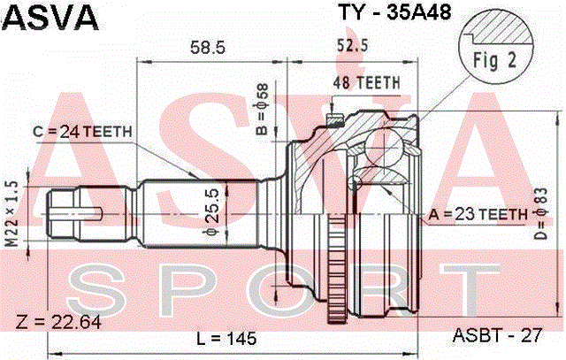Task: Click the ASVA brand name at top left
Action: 50,18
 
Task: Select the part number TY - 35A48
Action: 394,12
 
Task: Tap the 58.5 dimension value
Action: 208,47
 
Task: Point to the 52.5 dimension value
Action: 352,45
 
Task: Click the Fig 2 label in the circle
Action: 495,60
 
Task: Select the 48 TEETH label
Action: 366,83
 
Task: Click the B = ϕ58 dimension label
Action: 262,109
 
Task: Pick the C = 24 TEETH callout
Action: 82,132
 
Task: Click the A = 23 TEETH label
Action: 478,214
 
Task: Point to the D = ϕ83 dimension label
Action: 541,214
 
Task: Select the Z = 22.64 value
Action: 58,322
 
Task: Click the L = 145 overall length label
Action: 226,339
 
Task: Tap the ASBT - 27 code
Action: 497,335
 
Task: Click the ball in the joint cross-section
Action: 384,148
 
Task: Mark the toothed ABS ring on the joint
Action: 336,268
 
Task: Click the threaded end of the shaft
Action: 63,214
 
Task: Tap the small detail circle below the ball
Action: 355,183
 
